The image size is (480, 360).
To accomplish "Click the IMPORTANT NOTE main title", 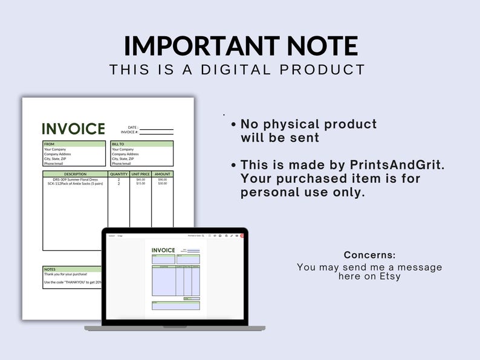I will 241,47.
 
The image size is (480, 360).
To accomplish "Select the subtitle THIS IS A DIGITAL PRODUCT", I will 238,69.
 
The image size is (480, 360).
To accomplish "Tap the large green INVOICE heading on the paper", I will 73,129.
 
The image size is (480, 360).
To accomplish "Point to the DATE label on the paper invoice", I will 133,127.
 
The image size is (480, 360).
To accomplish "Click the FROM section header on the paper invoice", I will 50,144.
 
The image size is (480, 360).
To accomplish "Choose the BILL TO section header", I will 118,144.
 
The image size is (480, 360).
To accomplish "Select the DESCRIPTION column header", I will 75,174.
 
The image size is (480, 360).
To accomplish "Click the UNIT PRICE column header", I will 140,174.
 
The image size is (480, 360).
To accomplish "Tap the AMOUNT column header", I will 162,174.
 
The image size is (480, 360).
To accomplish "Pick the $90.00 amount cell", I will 162,179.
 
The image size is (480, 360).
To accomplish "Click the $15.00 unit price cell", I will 140,184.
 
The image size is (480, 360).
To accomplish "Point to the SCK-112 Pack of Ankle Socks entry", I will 75,184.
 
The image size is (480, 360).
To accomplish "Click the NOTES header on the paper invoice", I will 50,269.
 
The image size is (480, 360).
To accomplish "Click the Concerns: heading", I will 369,255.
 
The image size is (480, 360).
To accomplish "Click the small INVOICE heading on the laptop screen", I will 163,250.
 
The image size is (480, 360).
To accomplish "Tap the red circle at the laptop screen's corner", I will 242,236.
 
